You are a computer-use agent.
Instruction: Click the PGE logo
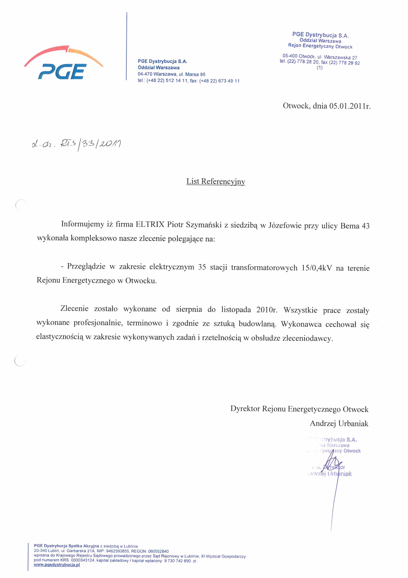click(64, 63)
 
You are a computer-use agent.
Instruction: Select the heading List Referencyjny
click(216, 182)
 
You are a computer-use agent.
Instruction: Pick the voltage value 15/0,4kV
click(317, 268)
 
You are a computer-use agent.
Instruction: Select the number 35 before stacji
click(202, 267)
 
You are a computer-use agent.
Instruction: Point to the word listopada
click(236, 310)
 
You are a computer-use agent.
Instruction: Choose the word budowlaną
click(257, 324)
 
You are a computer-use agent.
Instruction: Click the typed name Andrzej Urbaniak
click(339, 424)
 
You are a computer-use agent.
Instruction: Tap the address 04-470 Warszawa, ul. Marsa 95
click(172, 75)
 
